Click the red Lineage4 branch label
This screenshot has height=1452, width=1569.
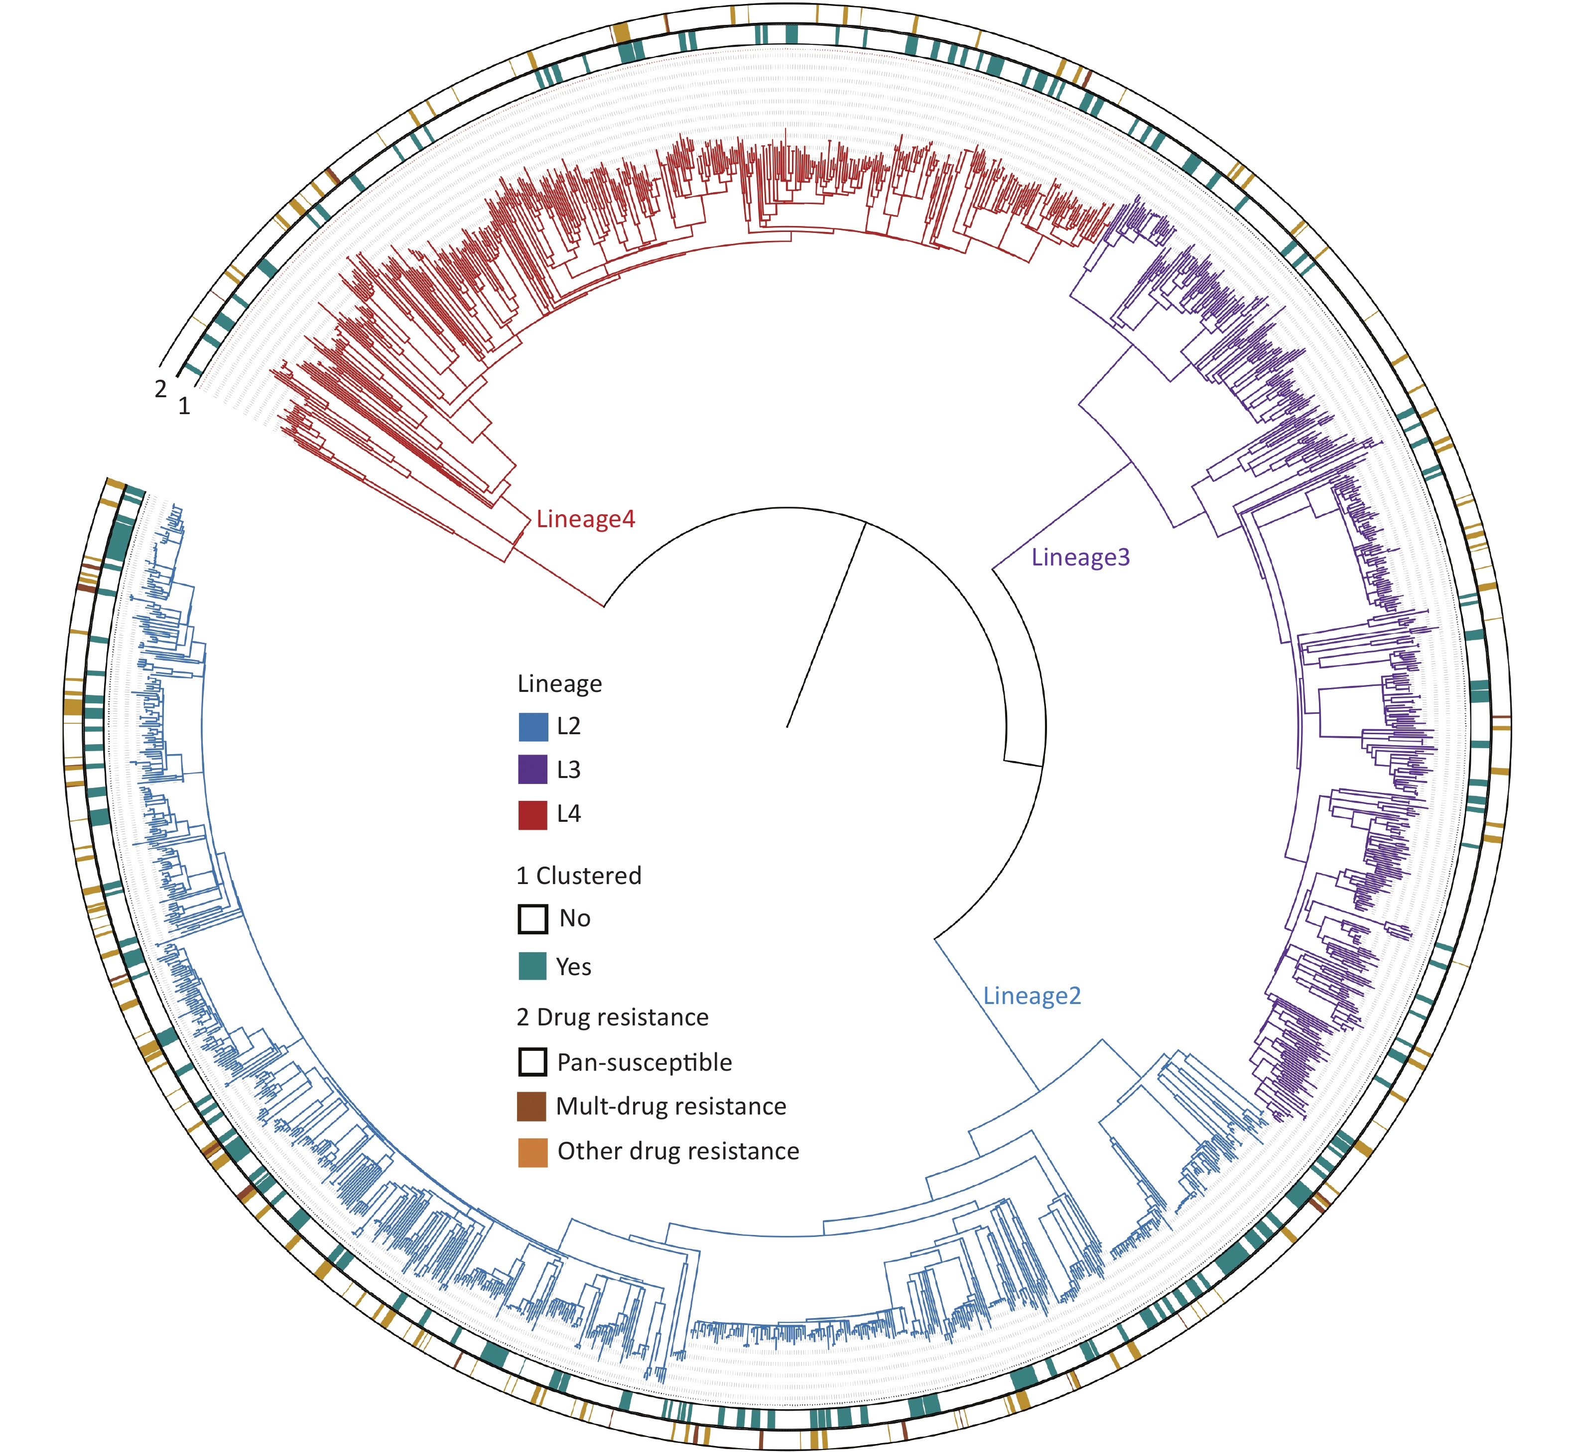point(586,519)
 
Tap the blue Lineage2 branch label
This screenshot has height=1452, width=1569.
point(1032,996)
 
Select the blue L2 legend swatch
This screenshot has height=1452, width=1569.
point(533,727)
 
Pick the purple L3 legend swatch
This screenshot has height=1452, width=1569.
point(533,770)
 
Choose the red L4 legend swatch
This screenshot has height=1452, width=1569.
point(533,815)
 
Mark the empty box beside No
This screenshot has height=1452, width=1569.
point(533,918)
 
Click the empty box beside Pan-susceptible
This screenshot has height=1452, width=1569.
point(533,1062)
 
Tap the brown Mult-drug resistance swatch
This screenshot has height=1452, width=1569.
point(533,1106)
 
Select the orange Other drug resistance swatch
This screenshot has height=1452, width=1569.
point(533,1152)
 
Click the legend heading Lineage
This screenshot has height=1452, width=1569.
point(560,684)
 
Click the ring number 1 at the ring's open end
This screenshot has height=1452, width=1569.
point(184,406)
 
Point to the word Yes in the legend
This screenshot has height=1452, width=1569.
point(574,967)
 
